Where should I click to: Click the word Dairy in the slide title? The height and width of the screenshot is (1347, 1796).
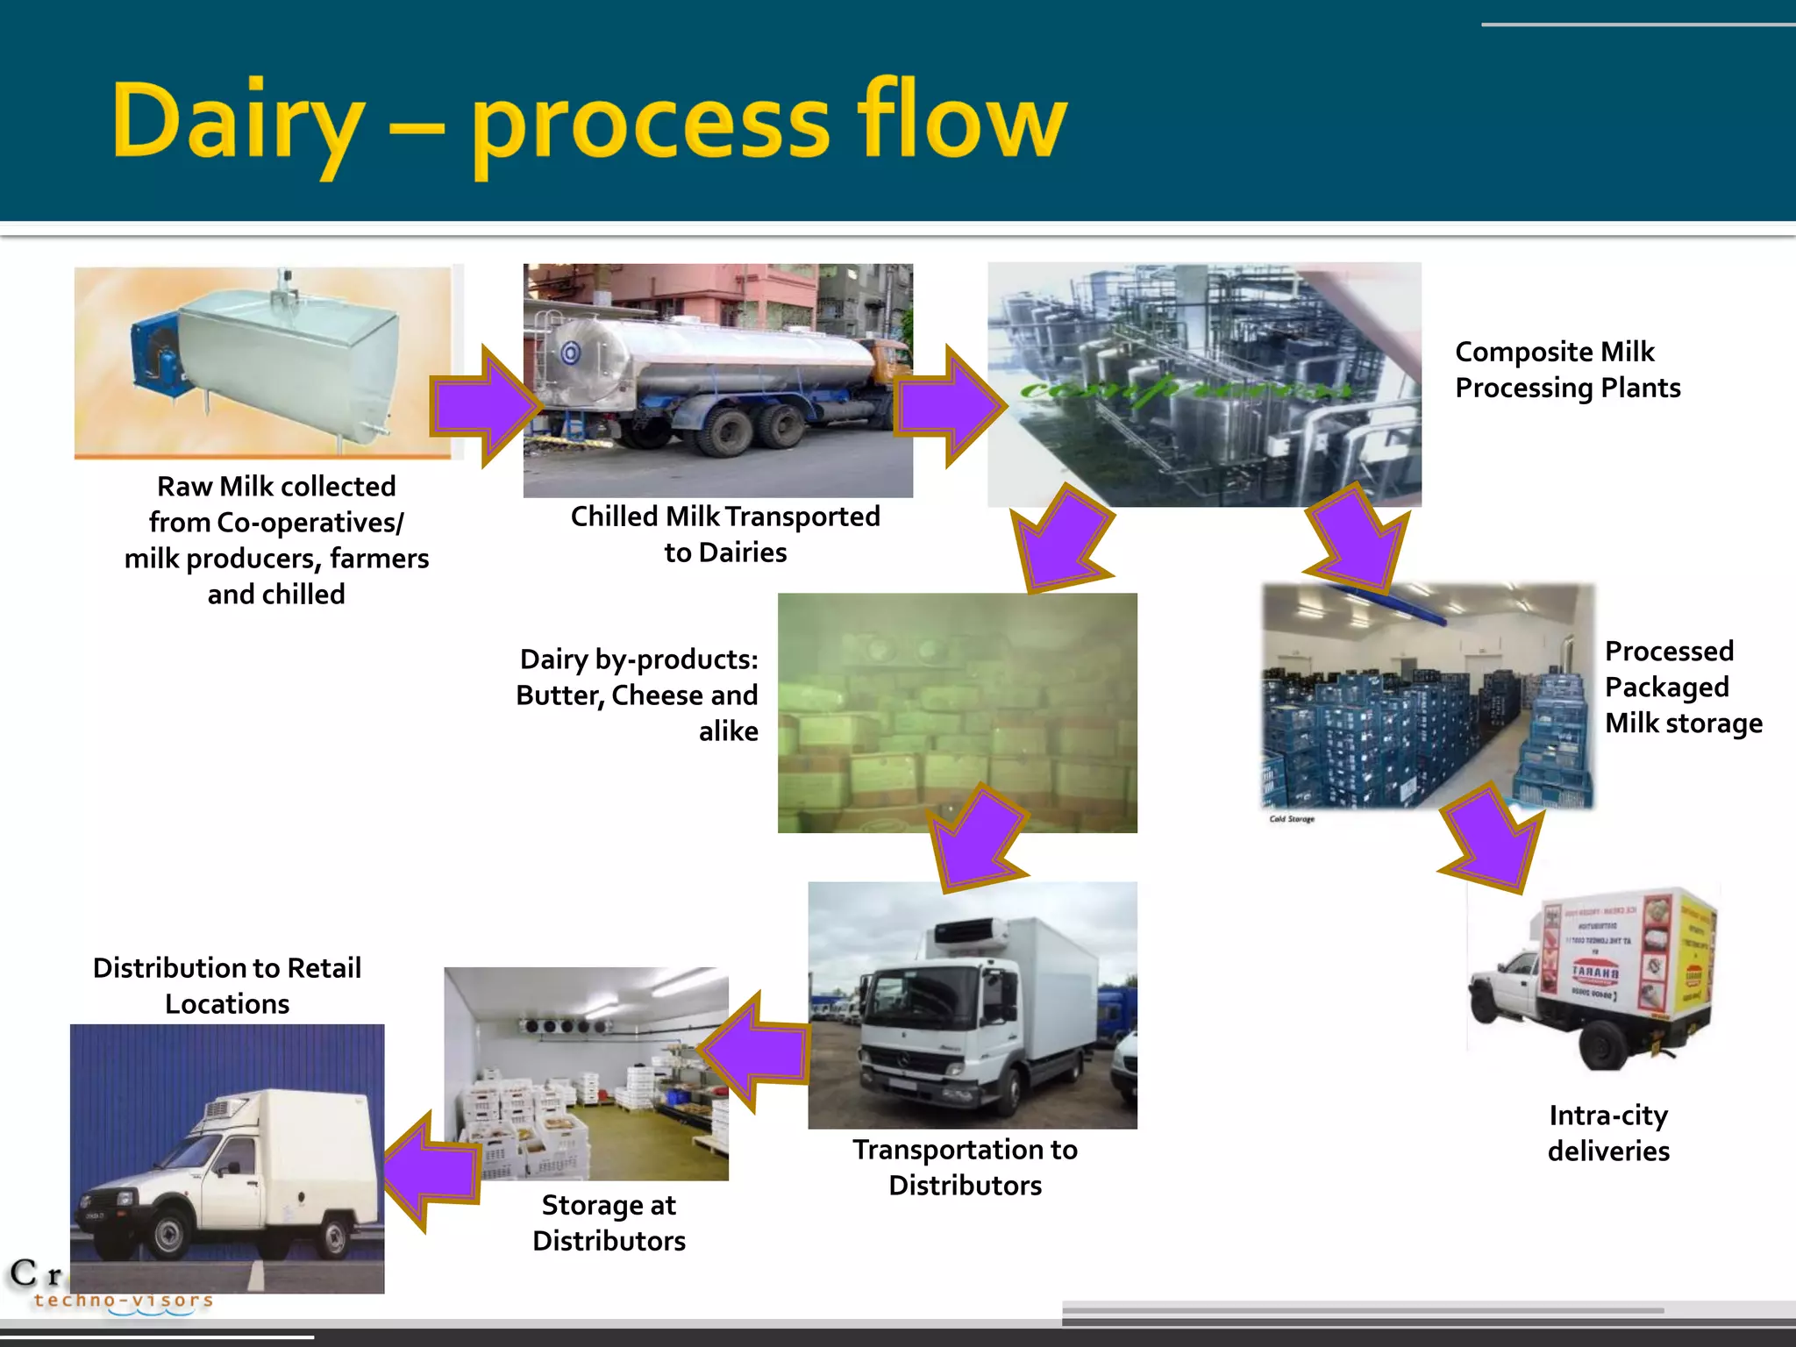click(x=237, y=123)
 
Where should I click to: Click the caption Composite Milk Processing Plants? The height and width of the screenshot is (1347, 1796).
click(x=1567, y=369)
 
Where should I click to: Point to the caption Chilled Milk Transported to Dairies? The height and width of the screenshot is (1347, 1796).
click(x=725, y=534)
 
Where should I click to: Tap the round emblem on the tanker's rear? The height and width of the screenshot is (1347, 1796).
click(x=571, y=353)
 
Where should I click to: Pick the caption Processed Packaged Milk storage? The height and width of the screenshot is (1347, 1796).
click(x=1682, y=687)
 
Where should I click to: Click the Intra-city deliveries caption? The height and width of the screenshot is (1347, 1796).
click(x=1608, y=1133)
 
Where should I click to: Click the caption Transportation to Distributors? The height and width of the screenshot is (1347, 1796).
click(x=965, y=1167)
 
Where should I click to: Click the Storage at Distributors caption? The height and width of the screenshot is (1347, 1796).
click(x=609, y=1222)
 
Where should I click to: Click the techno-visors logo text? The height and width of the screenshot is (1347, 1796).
click(x=123, y=1300)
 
